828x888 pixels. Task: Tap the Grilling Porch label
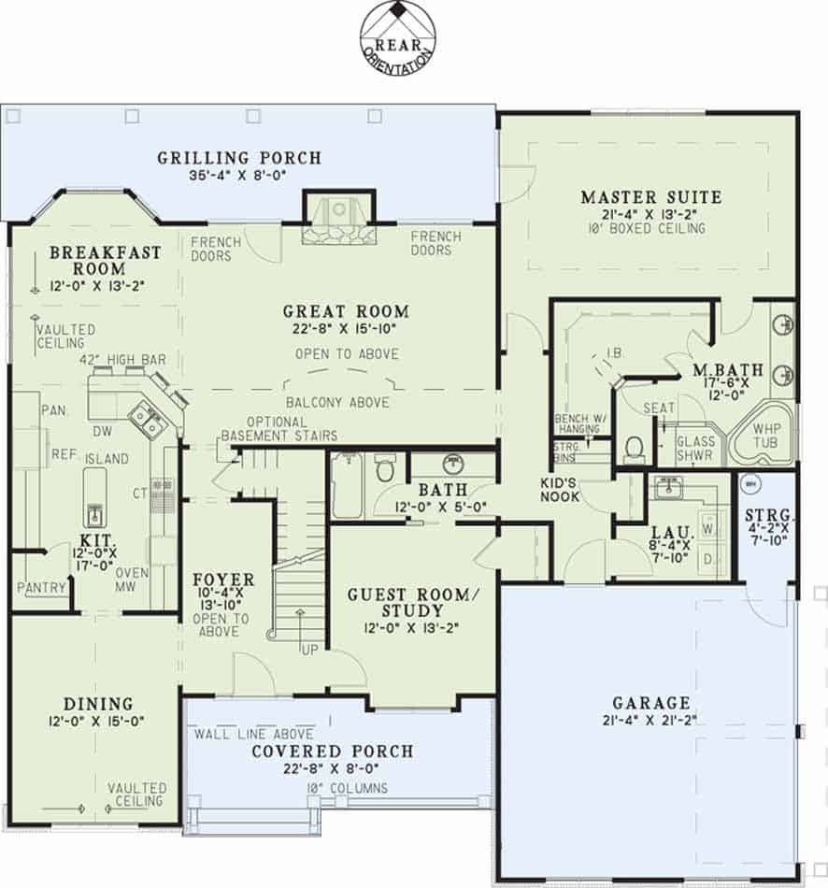[239, 158]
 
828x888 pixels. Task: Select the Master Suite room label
[650, 197]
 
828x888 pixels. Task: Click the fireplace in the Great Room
[338, 219]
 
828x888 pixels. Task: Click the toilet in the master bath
[635, 448]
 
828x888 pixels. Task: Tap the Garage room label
[651, 703]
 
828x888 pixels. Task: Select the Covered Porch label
[332, 752]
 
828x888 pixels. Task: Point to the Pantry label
[42, 587]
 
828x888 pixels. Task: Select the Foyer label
[223, 580]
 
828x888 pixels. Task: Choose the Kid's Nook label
[561, 490]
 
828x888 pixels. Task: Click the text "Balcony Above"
[338, 402]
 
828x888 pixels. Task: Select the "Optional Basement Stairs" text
[278, 429]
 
